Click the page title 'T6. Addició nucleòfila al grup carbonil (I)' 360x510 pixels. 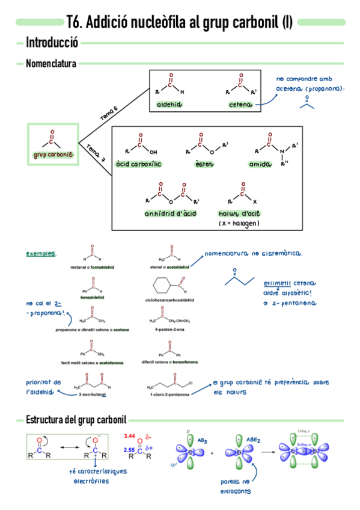tap(180, 23)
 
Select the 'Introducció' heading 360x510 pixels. tap(52, 43)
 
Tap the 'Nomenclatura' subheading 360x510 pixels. tap(50, 63)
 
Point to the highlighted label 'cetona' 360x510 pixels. tap(240, 105)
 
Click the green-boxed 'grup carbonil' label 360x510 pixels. tap(53, 155)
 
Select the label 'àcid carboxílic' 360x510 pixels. tap(139, 164)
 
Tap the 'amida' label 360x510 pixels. tap(260, 164)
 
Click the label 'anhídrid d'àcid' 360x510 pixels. tap(171, 214)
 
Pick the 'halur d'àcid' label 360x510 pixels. tap(239, 214)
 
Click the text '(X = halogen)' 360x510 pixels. tap(239, 223)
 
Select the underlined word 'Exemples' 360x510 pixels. tap(41, 254)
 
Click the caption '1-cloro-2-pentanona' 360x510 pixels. tap(169, 395)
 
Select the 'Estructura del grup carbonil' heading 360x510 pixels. tap(75, 419)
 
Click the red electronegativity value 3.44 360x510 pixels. tap(127, 435)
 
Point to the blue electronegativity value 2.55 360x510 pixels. tap(127, 449)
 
